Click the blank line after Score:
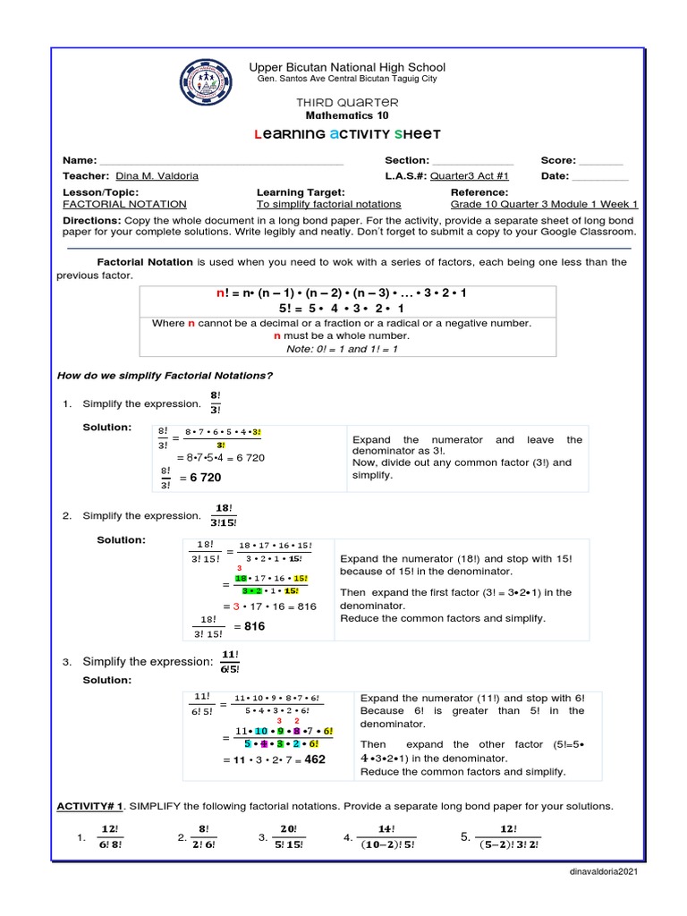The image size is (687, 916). pos(600,160)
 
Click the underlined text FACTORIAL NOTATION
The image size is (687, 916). pos(124,204)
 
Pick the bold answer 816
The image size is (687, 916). pos(255,626)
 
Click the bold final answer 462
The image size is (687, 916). pos(314,759)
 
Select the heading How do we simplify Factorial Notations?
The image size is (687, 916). pos(165,375)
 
